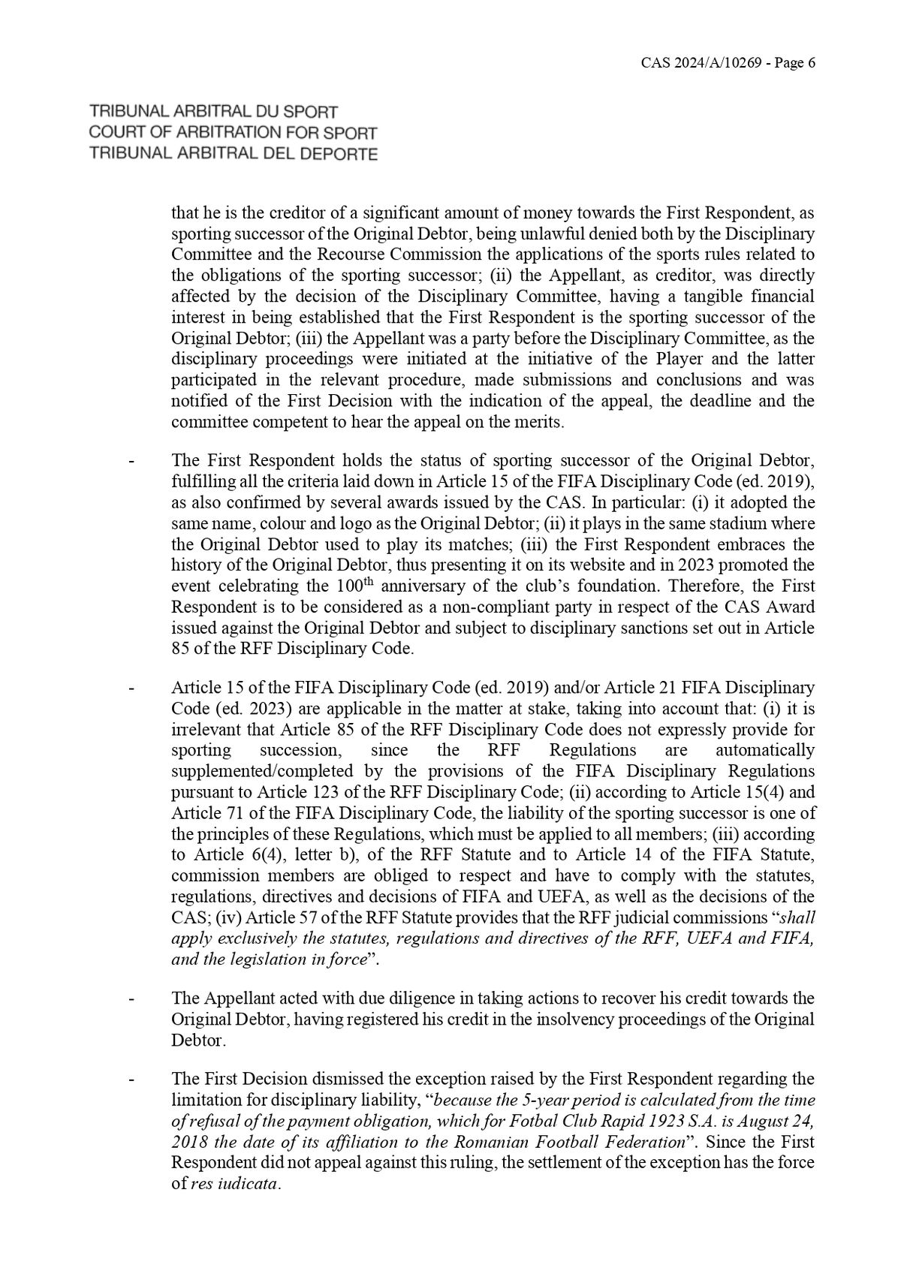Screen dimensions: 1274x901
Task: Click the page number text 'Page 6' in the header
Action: pyautogui.click(x=793, y=64)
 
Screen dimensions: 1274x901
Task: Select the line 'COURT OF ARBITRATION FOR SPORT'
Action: pyautogui.click(x=233, y=134)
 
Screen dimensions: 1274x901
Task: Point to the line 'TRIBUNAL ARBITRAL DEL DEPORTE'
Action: pyautogui.click(x=233, y=155)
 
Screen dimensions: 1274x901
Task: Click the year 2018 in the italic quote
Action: pyautogui.click(x=187, y=1143)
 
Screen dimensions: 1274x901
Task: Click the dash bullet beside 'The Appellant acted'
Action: pyautogui.click(x=132, y=999)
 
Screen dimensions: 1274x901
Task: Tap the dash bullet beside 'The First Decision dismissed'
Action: pyautogui.click(x=132, y=1080)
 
